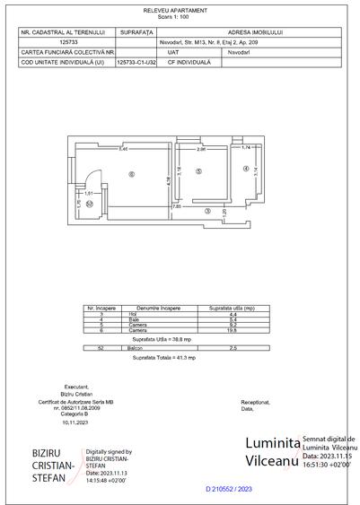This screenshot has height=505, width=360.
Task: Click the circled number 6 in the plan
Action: tap(132, 173)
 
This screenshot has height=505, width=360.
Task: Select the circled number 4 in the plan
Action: tap(245, 168)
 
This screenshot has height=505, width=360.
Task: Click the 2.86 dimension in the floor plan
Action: tap(202, 150)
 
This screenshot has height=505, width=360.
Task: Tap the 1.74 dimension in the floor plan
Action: tap(245, 147)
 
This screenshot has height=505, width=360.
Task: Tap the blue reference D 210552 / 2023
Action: tap(230, 488)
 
